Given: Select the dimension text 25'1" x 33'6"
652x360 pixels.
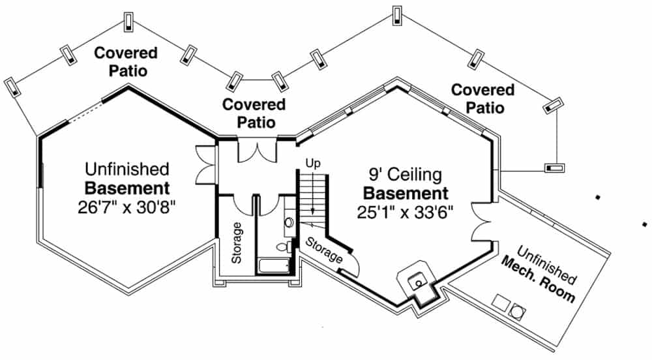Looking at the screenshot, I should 405,212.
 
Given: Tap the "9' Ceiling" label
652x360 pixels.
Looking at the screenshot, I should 404,175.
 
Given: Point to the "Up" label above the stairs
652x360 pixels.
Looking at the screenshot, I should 313,163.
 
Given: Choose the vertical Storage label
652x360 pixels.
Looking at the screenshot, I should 237,243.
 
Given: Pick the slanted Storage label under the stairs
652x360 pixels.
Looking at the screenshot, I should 324,250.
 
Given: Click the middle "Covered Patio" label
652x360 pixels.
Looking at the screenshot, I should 254,113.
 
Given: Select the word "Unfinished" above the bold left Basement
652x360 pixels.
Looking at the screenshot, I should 126,170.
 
